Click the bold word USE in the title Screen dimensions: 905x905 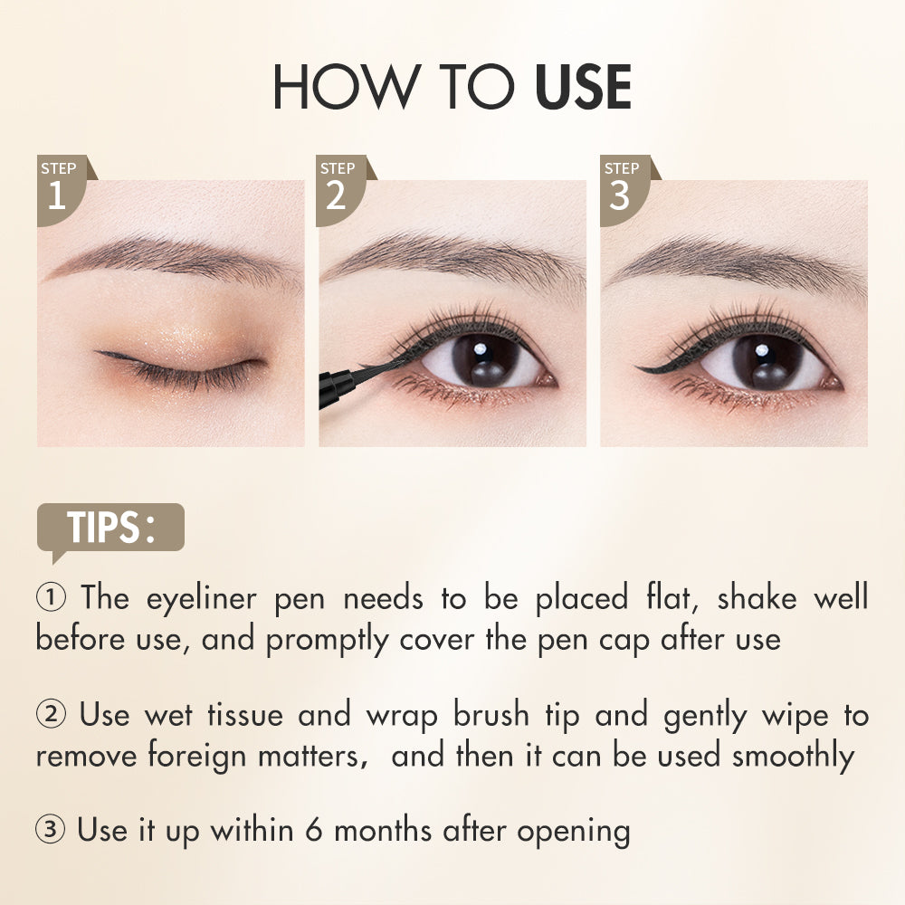point(583,87)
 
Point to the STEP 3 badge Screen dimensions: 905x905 point(625,190)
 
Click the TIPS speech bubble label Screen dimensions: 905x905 point(110,528)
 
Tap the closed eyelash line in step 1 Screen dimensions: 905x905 point(180,369)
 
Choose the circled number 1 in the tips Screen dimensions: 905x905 point(51,596)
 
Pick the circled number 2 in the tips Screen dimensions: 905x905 point(51,714)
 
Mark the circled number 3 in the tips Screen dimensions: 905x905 point(50,829)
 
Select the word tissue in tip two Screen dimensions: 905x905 point(245,715)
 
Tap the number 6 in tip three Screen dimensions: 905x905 point(313,831)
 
